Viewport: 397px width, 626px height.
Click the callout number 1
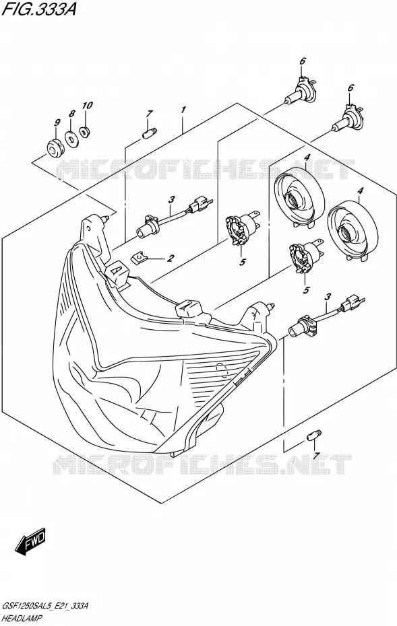[x=183, y=110]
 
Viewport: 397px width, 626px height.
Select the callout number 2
[x=171, y=258]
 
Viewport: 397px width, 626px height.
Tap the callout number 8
[x=72, y=113]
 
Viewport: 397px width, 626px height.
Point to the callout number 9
[x=57, y=122]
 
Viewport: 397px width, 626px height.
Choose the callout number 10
[x=87, y=106]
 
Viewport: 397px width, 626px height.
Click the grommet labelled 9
[x=53, y=147]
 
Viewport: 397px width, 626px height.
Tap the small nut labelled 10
[x=84, y=131]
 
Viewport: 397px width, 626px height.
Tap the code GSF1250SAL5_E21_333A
[x=45, y=606]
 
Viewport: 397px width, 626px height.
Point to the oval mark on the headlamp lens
[x=220, y=370]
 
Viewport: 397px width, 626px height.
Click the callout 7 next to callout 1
[x=148, y=114]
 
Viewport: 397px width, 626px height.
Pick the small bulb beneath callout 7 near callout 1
[x=150, y=132]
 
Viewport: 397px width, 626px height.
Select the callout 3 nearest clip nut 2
[x=171, y=199]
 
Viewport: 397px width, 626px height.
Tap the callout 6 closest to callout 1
[x=303, y=61]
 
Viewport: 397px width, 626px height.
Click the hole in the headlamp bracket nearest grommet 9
[x=88, y=228]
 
